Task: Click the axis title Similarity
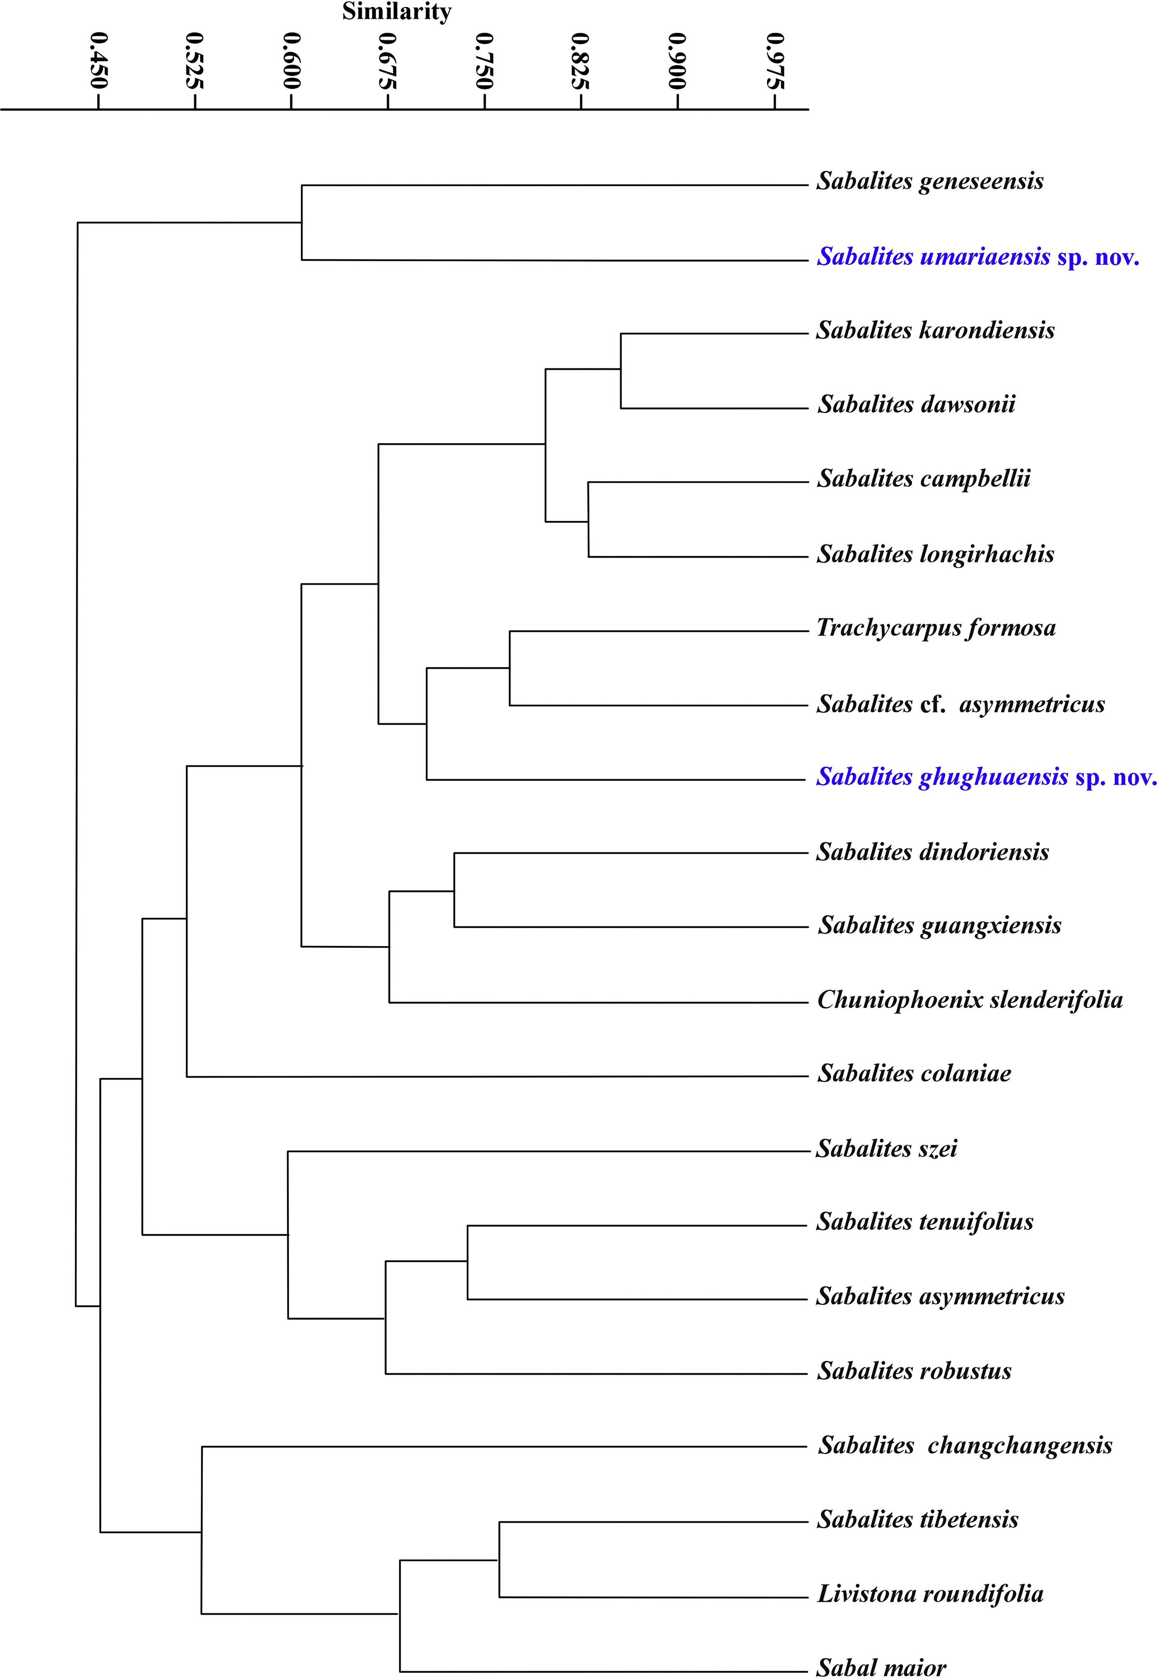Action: [x=397, y=12]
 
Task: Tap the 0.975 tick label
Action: [x=776, y=60]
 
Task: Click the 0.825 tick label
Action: [x=581, y=60]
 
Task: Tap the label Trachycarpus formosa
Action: [x=936, y=628]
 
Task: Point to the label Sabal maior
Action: [x=882, y=1667]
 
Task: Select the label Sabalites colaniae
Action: [x=914, y=1074]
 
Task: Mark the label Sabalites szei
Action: [x=887, y=1148]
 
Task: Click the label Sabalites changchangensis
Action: [x=965, y=1445]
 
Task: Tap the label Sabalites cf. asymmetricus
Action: [x=961, y=704]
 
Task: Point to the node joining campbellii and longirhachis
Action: [x=588, y=520]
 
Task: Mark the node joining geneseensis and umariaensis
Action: [x=302, y=222]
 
